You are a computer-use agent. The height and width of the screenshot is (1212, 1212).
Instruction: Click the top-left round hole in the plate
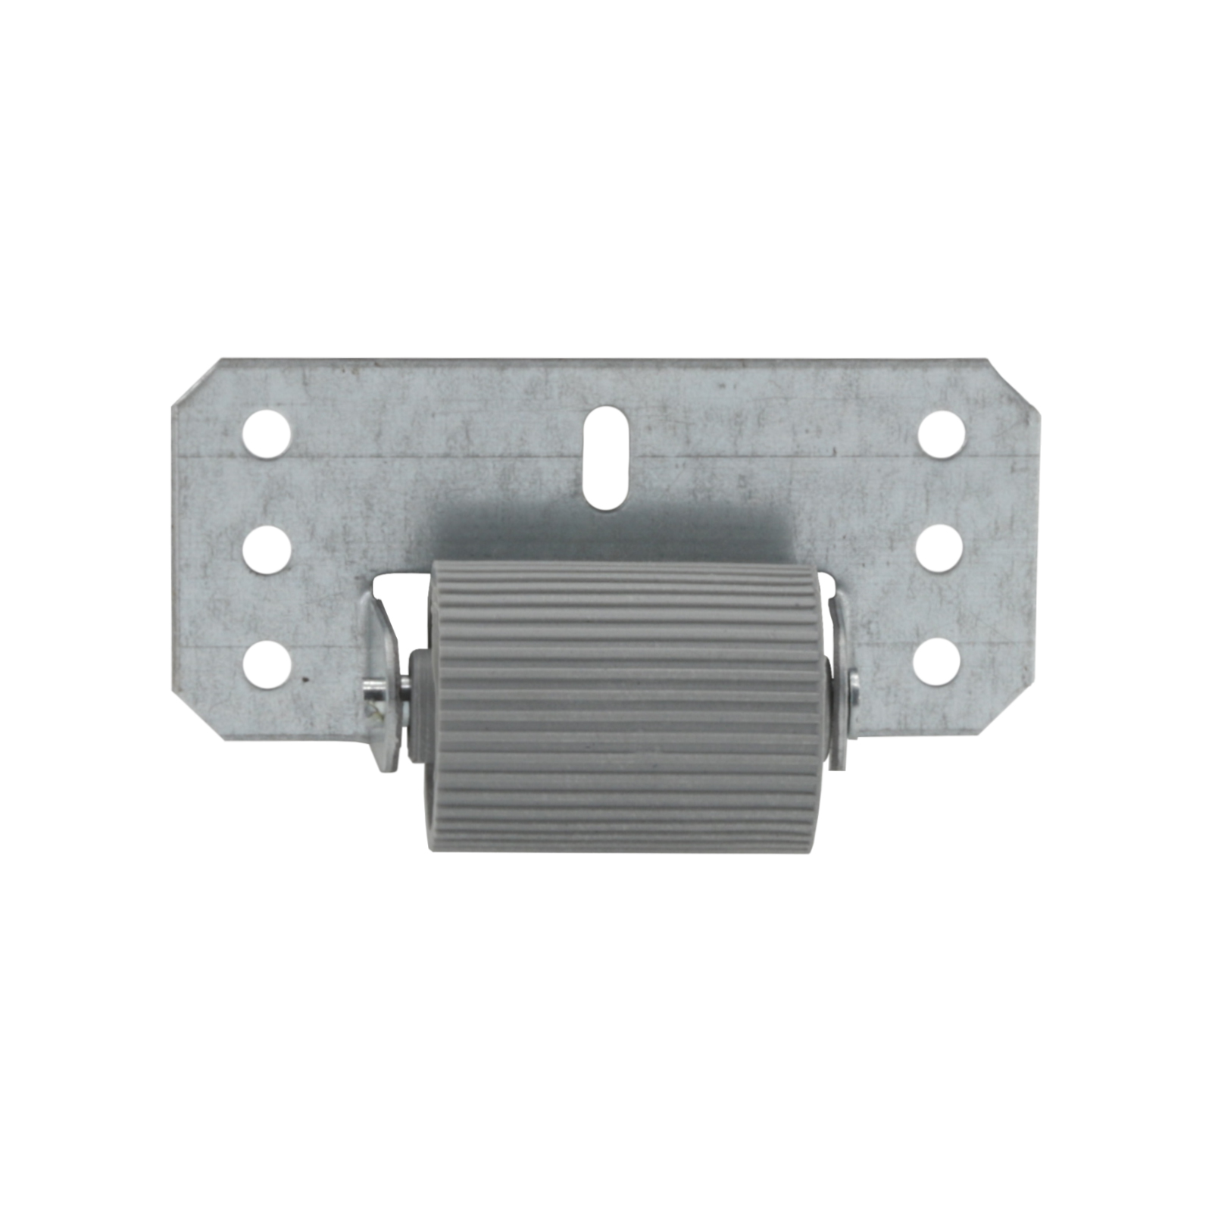click(267, 434)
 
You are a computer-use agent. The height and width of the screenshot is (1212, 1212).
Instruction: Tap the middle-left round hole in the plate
click(267, 549)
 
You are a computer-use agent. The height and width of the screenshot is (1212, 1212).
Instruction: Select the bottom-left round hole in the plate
click(267, 664)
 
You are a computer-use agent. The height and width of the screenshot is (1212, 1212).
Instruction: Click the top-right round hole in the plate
click(942, 434)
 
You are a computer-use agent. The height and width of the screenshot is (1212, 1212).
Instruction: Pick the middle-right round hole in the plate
click(939, 548)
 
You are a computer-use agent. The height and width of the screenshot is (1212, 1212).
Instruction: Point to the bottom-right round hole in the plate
click(938, 663)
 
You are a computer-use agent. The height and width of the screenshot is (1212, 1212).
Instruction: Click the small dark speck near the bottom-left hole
click(306, 679)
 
